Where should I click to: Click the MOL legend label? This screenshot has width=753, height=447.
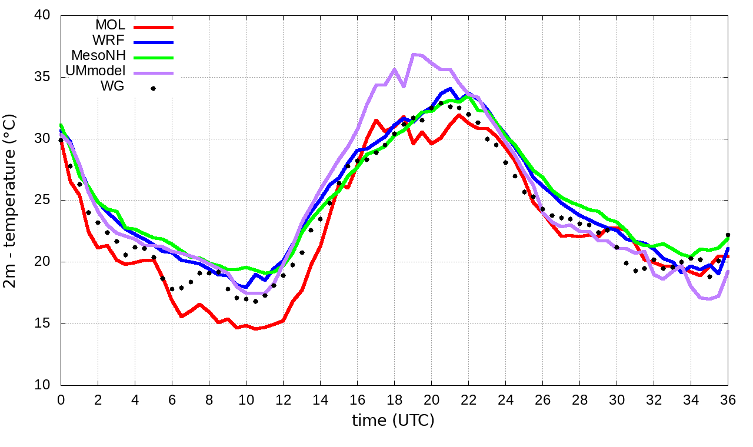click(110, 25)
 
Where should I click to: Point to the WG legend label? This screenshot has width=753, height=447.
click(113, 87)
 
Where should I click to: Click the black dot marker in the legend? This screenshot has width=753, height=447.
click(153, 88)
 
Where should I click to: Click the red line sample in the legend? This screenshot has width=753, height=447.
click(154, 26)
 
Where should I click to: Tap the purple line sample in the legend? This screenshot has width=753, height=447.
click(154, 72)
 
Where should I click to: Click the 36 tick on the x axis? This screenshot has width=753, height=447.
click(728, 399)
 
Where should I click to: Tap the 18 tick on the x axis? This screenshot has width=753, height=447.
click(394, 399)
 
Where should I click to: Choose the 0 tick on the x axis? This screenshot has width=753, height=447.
click(61, 399)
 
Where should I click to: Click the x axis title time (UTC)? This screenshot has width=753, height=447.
click(393, 421)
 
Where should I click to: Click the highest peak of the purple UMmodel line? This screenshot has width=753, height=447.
click(414, 54)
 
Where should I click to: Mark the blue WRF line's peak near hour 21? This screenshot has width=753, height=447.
click(450, 89)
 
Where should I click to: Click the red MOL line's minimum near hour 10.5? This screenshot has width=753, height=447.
click(255, 329)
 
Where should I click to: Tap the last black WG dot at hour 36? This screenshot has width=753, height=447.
click(728, 235)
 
